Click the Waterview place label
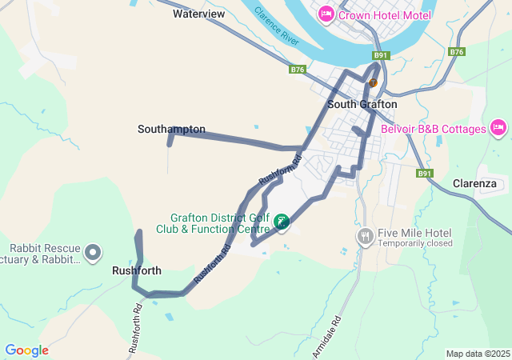(198, 14)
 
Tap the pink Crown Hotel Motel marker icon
(326, 14)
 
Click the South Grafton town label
(362, 104)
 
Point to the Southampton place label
(171, 129)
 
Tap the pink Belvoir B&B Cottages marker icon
(498, 128)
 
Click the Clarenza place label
(474, 183)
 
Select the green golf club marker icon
(282, 222)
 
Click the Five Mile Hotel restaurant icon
(366, 236)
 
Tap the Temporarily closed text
(415, 243)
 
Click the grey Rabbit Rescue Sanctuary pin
(93, 253)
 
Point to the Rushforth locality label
(137, 270)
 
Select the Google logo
(26, 350)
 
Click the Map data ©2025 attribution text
(478, 354)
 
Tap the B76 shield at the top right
(457, 52)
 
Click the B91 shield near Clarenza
(424, 173)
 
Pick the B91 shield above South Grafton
(381, 55)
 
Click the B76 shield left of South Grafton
(298, 70)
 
